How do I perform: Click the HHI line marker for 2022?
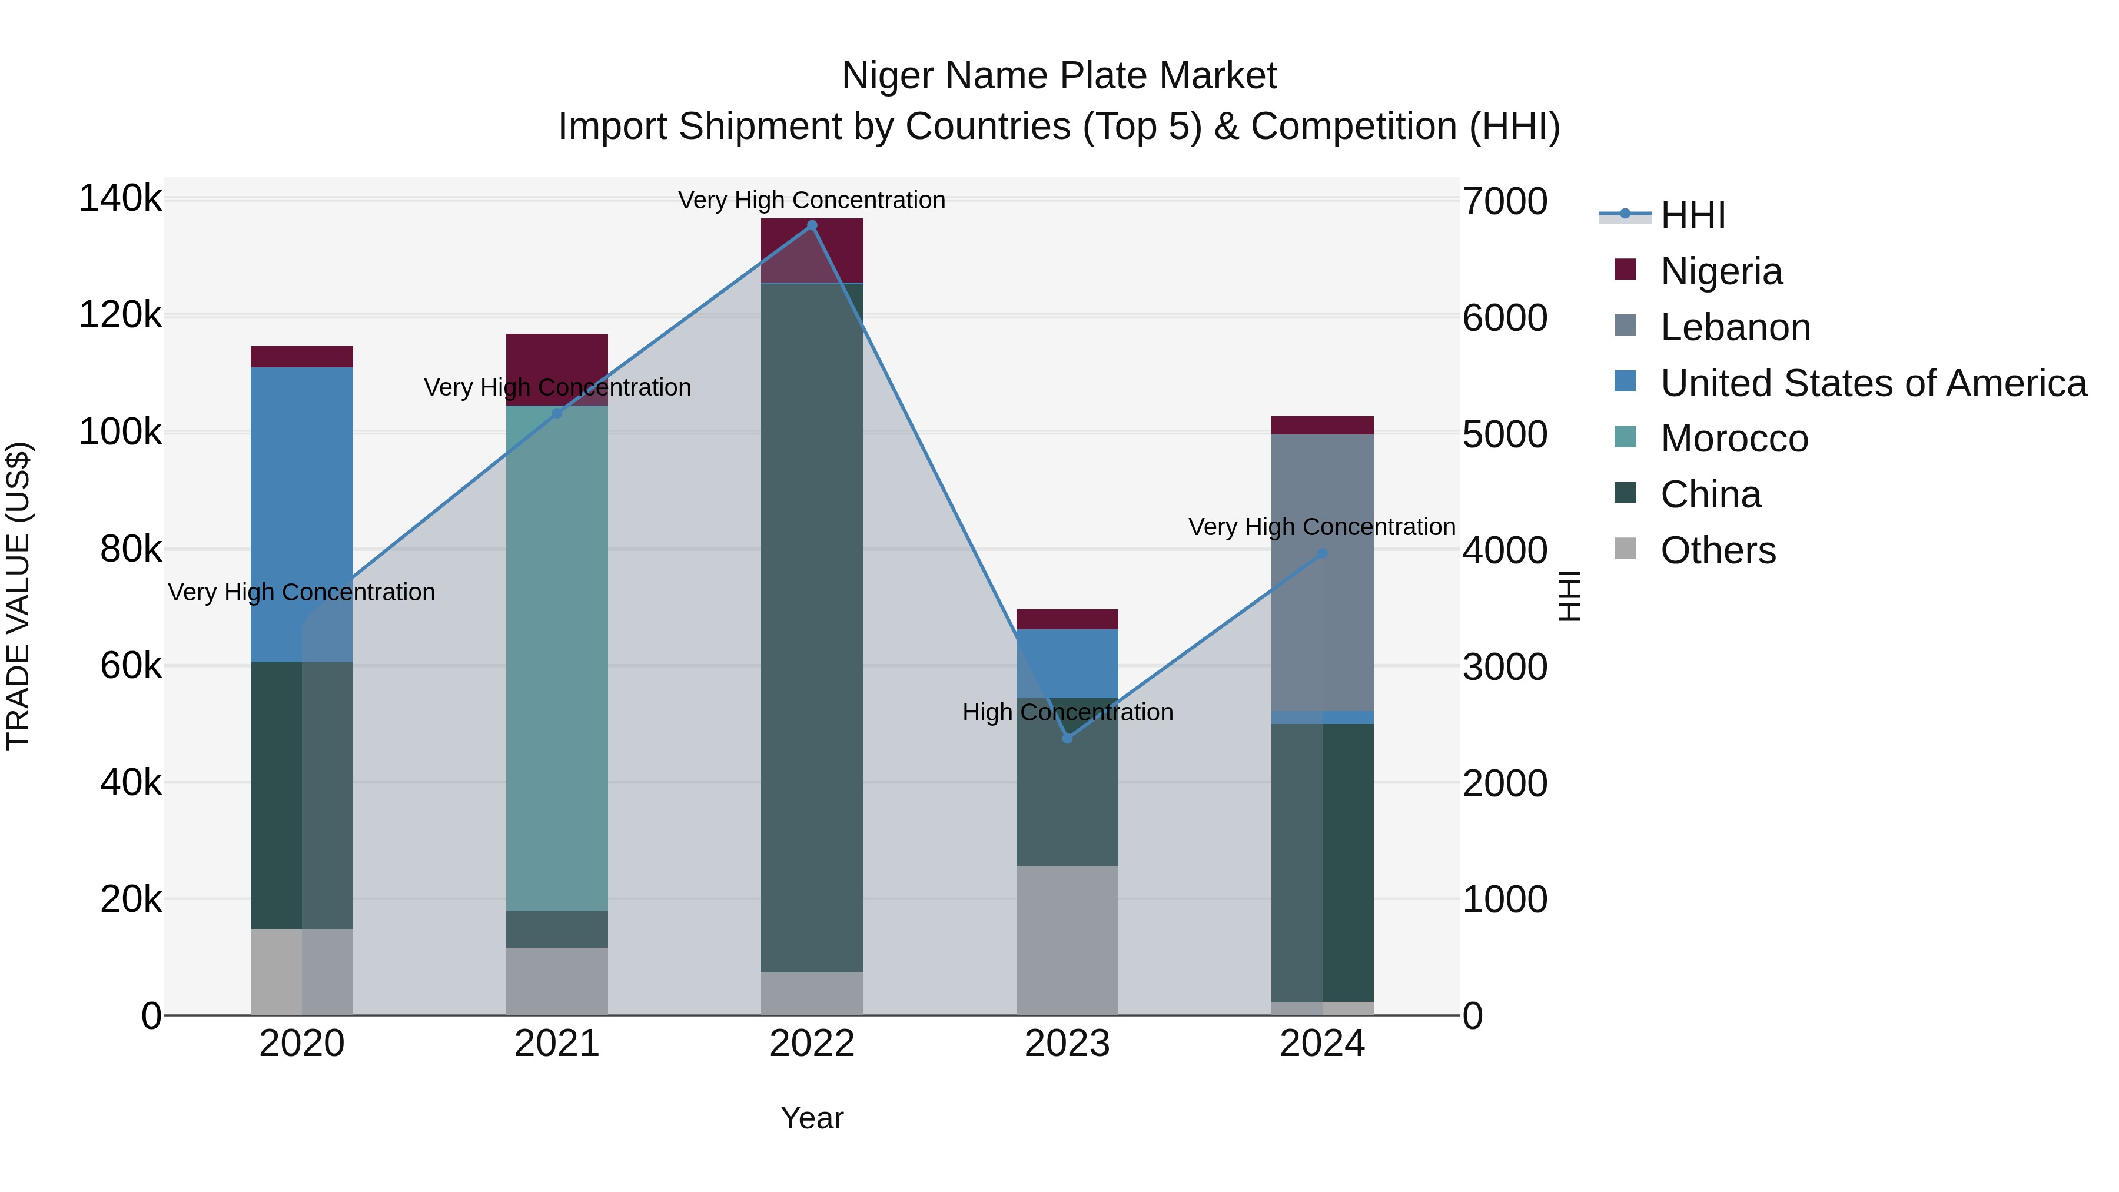[812, 225]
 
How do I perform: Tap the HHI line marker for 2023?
[1067, 738]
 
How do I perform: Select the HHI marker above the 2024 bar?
[1322, 554]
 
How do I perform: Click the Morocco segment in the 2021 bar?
[557, 658]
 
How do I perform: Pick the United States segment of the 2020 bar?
[302, 514]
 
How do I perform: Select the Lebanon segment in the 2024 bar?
[1322, 572]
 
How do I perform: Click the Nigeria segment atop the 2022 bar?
[812, 251]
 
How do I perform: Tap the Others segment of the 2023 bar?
[1067, 940]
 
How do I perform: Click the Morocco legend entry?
[1734, 439]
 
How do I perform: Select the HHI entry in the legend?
[1693, 215]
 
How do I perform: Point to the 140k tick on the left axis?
[121, 199]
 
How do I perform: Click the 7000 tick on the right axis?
[1504, 201]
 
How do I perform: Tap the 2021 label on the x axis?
[557, 1044]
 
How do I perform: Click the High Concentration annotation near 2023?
[1067, 712]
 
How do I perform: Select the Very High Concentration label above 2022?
[812, 200]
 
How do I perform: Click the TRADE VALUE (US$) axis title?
[18, 596]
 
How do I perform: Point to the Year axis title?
[812, 1118]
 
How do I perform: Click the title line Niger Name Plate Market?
[1059, 76]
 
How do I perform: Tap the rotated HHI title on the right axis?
[1569, 596]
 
